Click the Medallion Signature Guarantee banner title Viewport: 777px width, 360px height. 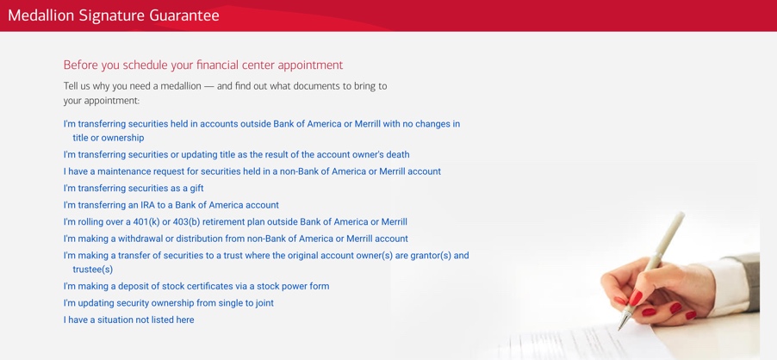point(114,16)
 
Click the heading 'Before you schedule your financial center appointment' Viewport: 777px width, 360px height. point(203,65)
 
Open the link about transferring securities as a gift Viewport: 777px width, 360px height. point(134,188)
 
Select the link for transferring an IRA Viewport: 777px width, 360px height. point(171,205)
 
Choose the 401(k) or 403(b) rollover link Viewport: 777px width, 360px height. point(235,222)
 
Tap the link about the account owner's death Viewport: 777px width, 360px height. point(236,154)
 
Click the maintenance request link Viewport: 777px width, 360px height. point(252,171)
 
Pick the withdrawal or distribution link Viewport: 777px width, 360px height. point(236,239)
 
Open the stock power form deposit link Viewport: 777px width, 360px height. point(196,286)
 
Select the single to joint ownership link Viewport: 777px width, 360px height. point(169,303)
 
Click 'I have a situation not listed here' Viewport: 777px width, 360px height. point(129,320)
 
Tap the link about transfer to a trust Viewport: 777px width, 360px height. point(266,263)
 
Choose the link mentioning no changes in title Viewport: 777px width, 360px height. point(262,131)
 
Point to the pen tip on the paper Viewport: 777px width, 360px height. point(619,329)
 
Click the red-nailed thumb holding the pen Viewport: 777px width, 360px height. point(635,298)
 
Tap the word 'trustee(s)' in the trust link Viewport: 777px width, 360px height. point(93,270)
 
